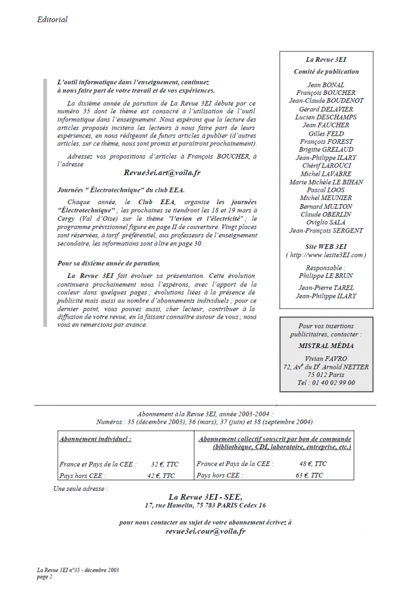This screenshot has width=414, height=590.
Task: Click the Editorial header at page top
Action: point(52,19)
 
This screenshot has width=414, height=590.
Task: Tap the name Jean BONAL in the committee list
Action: point(326,84)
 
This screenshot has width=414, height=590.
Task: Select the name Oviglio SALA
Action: point(326,222)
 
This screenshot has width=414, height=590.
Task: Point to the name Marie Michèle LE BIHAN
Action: point(326,182)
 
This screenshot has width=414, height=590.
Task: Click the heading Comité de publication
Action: point(326,71)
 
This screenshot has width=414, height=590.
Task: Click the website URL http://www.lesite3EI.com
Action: point(326,255)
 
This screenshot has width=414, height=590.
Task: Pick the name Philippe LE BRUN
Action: point(326,275)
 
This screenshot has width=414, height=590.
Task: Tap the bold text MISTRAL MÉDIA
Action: point(326,346)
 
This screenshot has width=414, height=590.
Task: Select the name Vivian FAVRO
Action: point(326,358)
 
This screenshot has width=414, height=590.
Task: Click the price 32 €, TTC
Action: point(163,464)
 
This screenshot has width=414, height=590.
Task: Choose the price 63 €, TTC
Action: point(309,475)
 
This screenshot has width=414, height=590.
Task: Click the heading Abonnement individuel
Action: point(96,439)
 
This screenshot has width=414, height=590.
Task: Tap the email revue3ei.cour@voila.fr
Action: point(205,531)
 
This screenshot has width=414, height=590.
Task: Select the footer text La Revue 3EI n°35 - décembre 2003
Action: point(78,570)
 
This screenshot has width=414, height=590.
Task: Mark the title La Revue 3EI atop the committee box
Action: point(326,60)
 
